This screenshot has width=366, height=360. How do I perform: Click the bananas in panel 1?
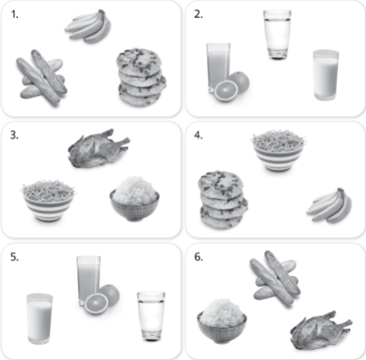[x=88, y=26]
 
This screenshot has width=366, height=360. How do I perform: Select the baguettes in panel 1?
[x=42, y=77]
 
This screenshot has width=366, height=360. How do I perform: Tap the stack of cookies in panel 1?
[x=141, y=78]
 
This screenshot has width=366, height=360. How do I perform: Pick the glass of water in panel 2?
[x=277, y=35]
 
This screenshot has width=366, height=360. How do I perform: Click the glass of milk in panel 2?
[x=325, y=75]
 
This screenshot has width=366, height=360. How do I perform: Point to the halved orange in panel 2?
[x=226, y=91]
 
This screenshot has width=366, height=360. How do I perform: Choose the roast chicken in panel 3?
[x=98, y=149]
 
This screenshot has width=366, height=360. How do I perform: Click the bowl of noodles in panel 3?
[x=48, y=200]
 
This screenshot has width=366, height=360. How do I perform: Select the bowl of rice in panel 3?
[x=135, y=199]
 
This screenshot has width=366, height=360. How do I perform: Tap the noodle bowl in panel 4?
[x=278, y=151]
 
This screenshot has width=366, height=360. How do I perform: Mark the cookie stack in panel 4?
[x=223, y=200]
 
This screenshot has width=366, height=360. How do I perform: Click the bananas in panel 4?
[x=330, y=205]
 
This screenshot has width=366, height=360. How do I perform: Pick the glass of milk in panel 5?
[x=40, y=318]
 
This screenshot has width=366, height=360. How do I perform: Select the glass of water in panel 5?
[x=151, y=316]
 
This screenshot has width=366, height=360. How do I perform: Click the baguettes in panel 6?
[x=275, y=278]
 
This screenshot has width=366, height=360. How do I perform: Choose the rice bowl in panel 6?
[x=222, y=321]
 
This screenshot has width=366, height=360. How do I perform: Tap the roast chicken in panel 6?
[x=321, y=330]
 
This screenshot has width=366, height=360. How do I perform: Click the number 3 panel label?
[x=14, y=136]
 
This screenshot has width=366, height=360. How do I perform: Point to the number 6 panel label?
[x=198, y=258]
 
